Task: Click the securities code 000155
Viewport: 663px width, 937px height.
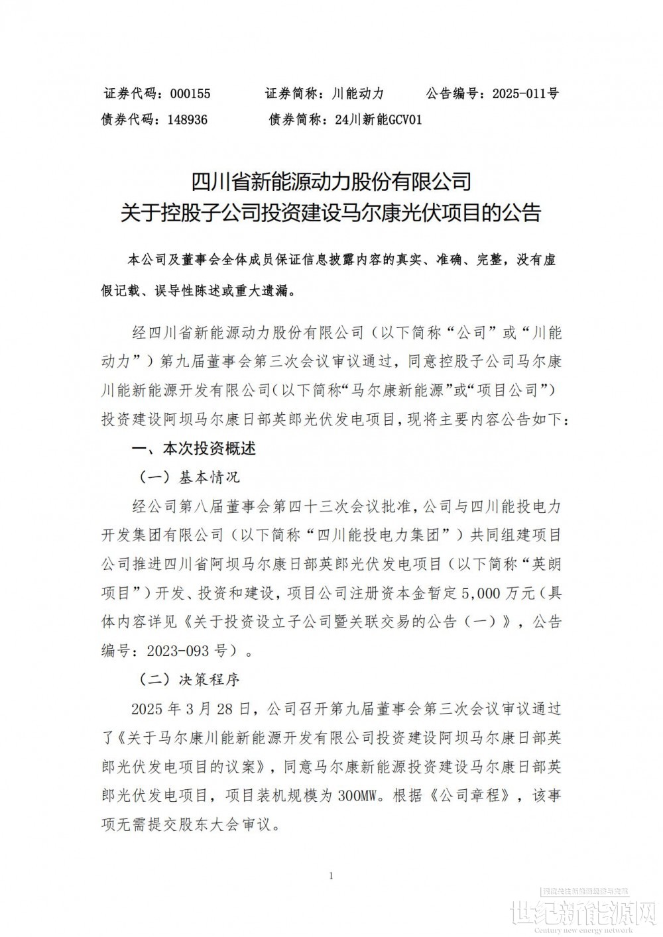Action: point(190,93)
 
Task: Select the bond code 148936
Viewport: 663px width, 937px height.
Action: point(188,120)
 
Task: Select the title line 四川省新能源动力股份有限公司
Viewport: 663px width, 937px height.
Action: point(331,181)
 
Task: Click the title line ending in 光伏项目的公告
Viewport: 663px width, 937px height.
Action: point(331,212)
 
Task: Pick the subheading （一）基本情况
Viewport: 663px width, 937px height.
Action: point(188,477)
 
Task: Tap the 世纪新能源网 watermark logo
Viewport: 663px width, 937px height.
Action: point(585,916)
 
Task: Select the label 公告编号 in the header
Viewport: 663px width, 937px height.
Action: point(453,93)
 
